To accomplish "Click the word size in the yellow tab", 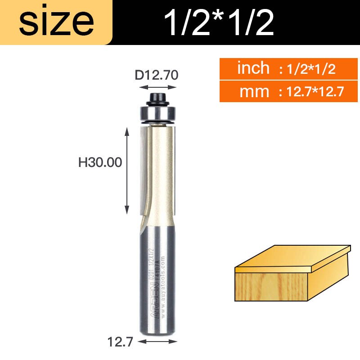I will pos(56,22).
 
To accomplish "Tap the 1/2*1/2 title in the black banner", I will pos(219,22).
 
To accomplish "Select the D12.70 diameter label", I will pos(157,75).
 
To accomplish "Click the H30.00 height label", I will pos(100,162).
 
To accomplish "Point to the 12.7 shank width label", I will pos(120,343).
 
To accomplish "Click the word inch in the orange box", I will pos(253,68).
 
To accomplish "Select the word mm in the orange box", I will pos(254,92).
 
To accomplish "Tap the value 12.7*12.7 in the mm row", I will pos(311,92).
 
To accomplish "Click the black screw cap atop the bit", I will pos(157,98).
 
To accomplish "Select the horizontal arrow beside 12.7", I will pos(157,342).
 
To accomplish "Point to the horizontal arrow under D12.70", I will pos(157,88).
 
